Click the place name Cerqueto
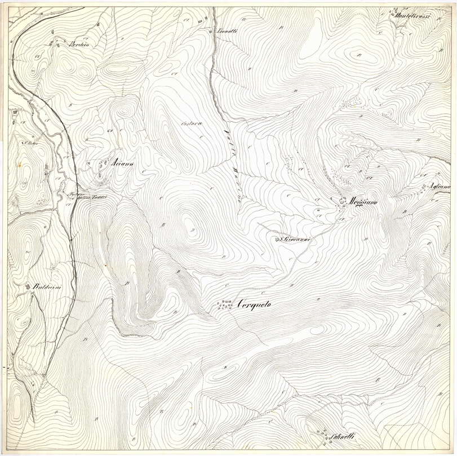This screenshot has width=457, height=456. [254, 305]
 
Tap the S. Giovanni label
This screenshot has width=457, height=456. [297, 239]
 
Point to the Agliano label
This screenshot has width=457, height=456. [441, 186]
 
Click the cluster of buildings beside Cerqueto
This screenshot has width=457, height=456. [225, 305]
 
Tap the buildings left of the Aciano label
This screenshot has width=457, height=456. [103, 167]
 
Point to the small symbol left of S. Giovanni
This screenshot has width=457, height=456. [277, 239]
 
